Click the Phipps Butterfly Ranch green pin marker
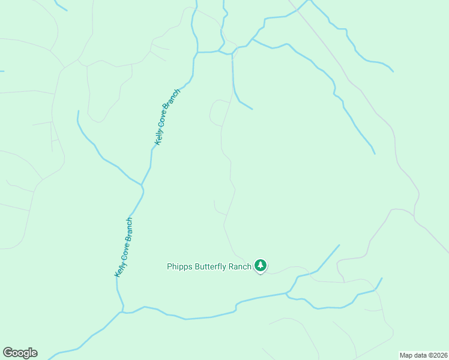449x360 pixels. tap(260, 265)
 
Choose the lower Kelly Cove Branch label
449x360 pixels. tap(124, 247)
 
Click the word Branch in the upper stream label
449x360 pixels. tap(174, 100)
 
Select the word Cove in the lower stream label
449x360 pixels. tap(122, 253)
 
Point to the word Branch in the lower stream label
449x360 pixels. tap(128, 230)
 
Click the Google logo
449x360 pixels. tap(20, 353)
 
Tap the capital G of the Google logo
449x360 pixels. tap(8, 353)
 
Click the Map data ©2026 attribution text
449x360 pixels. tap(423, 355)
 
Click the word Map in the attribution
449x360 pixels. tap(406, 355)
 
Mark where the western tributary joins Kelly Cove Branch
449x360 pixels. tap(142, 184)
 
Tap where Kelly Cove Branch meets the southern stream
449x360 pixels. tap(122, 312)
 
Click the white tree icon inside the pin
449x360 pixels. tap(260, 264)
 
